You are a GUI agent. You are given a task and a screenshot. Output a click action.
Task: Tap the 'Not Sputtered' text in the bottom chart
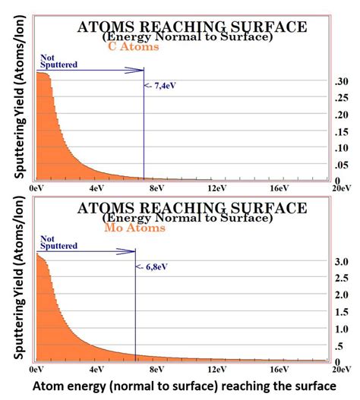[x=58, y=242]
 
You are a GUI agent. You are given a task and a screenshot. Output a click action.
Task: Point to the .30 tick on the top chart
[x=342, y=80]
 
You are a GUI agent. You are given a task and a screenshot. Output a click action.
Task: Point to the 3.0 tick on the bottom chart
[x=342, y=262]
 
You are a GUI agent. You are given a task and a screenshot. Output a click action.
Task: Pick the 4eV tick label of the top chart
[x=96, y=187]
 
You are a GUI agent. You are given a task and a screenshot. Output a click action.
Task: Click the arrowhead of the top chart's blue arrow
[x=139, y=71]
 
